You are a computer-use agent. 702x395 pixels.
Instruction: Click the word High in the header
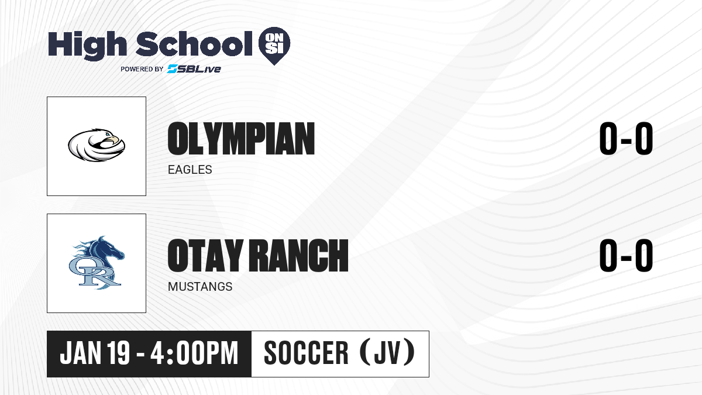click(87, 45)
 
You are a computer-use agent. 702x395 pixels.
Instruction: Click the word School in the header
click(194, 43)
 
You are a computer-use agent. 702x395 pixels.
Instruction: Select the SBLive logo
click(194, 68)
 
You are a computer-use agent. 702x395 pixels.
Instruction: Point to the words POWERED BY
click(142, 69)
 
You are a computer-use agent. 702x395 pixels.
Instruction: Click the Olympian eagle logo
click(97, 145)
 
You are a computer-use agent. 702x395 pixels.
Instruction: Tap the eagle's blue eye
click(108, 135)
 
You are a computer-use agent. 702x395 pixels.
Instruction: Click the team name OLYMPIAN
click(241, 139)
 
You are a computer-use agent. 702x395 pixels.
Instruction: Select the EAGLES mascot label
click(190, 170)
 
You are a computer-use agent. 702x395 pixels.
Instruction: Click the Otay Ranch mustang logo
click(97, 263)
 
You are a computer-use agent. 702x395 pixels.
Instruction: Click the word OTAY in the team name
click(205, 255)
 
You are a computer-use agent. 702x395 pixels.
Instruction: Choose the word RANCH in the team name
click(298, 255)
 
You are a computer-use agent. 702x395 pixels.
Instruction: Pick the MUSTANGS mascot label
click(200, 287)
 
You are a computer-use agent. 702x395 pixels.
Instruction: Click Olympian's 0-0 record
click(626, 139)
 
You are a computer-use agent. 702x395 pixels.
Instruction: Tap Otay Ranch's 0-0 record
click(626, 255)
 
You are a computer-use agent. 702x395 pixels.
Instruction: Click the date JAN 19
click(95, 353)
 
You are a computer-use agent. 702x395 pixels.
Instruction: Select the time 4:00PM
click(194, 353)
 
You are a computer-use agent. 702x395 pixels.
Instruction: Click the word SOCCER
click(306, 353)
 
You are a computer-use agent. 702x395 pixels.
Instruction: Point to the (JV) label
click(387, 352)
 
